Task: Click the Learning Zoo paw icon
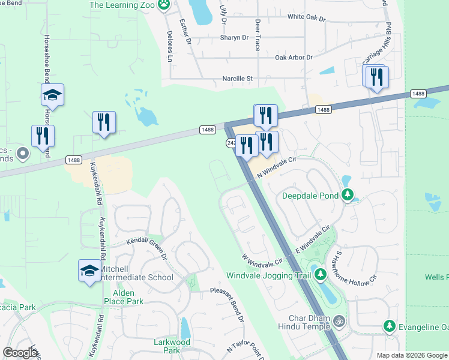164,5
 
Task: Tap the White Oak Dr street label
306,18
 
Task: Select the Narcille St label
238,78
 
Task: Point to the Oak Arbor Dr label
294,58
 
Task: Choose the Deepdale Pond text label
311,195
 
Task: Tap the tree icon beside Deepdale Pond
347,194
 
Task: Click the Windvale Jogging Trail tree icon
321,275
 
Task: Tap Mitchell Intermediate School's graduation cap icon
89,270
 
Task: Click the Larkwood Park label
171,346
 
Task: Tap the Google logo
20,352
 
